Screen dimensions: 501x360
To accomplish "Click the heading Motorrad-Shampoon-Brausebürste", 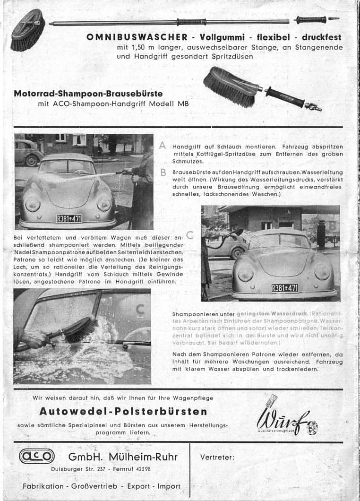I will [88, 94].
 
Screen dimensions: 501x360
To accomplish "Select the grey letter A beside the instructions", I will [163, 147].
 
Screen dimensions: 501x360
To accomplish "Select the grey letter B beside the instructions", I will [163, 173].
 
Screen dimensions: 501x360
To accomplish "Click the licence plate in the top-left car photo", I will [69, 218].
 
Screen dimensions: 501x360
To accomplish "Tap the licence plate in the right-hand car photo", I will [285, 288].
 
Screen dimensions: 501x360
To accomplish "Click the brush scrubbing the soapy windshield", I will [78, 330].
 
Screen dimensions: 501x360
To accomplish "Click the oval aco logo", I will [37, 457].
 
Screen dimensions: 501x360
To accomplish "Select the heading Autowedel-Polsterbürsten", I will [123, 411].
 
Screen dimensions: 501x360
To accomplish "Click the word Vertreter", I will [217, 457].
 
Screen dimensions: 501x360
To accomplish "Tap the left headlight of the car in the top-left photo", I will [33, 204].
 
